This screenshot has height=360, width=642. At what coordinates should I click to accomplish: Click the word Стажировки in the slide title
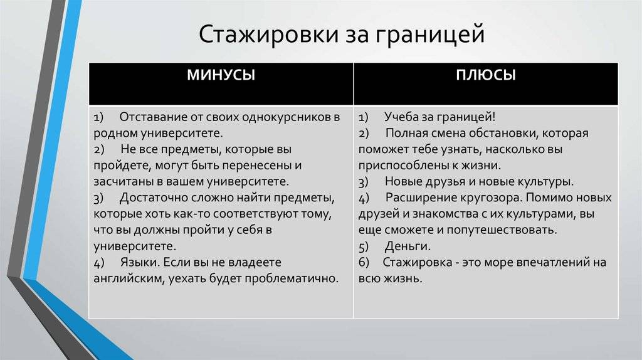click(x=268, y=34)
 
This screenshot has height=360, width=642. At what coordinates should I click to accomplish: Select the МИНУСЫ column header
click(x=221, y=75)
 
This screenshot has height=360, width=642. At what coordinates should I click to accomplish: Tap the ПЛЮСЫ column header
click(x=486, y=75)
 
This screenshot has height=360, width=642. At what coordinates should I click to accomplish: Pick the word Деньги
click(x=408, y=246)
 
